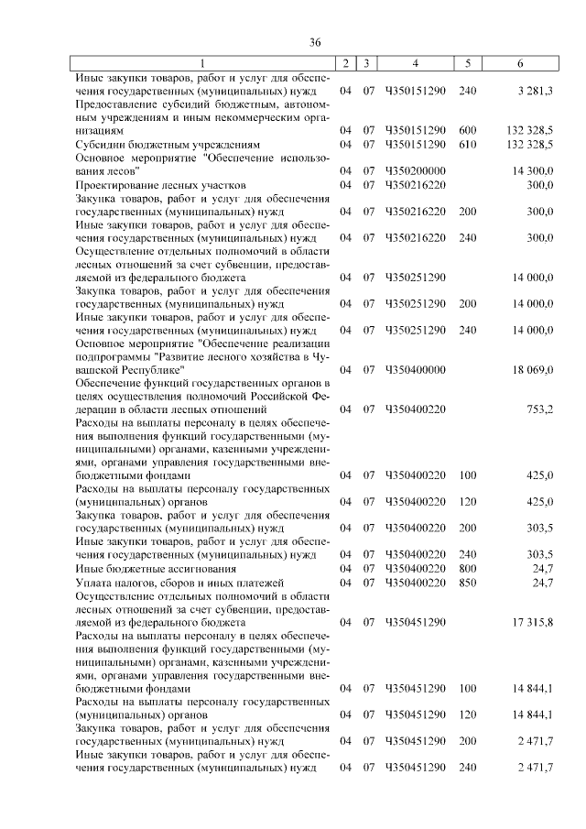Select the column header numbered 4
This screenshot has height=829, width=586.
pos(416,63)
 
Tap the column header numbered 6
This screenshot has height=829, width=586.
pos(520,63)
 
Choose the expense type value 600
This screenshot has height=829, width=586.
pos(467,131)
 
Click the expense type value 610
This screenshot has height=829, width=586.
pos(467,145)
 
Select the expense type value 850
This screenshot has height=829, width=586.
pos(467,583)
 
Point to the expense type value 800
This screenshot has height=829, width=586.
pos(467,569)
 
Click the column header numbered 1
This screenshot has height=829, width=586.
pos(204,63)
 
